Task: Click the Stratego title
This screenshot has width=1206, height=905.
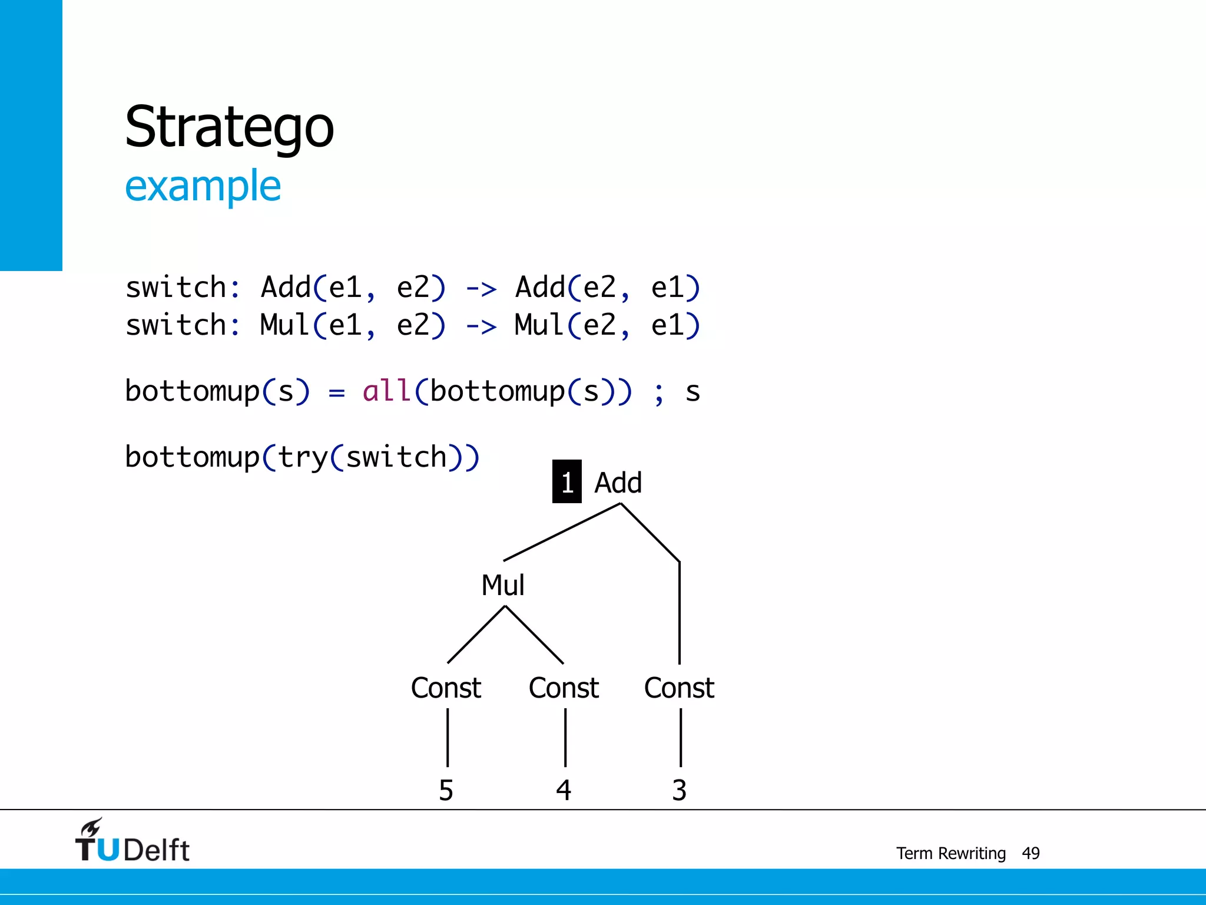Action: tap(229, 127)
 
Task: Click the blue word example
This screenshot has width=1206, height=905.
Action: tap(203, 186)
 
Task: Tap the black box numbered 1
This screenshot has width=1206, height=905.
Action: tap(566, 482)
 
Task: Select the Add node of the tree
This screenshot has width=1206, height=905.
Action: tap(618, 483)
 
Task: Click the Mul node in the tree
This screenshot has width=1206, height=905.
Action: tap(503, 585)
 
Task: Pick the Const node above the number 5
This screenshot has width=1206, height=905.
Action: tap(446, 688)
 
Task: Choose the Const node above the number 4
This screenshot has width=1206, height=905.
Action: tap(564, 688)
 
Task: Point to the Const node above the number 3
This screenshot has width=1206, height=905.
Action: tap(679, 688)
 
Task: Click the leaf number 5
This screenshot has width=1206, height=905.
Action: tap(446, 790)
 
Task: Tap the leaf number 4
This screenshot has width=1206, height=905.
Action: tap(564, 790)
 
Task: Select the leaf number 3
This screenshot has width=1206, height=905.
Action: tap(679, 790)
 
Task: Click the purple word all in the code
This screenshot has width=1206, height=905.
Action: tap(386, 391)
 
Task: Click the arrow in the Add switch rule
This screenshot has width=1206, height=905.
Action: tap(481, 289)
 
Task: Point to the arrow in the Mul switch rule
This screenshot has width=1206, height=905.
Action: tap(481, 326)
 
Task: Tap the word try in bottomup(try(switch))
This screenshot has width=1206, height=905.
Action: tap(303, 458)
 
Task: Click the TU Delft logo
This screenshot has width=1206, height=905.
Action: tap(132, 841)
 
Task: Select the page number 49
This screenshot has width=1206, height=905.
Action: tap(1031, 853)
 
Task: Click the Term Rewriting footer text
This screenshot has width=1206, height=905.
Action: tap(950, 853)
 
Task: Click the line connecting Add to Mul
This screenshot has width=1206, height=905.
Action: tap(562, 531)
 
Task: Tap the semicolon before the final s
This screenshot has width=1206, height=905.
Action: tap(659, 394)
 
